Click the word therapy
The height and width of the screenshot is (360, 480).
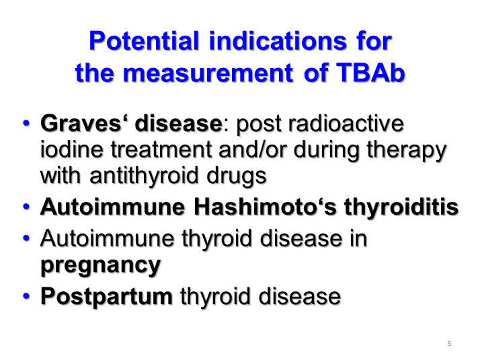tap(407, 150)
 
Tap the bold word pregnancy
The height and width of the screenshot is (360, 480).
tap(101, 265)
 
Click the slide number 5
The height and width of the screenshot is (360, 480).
tap(449, 344)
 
